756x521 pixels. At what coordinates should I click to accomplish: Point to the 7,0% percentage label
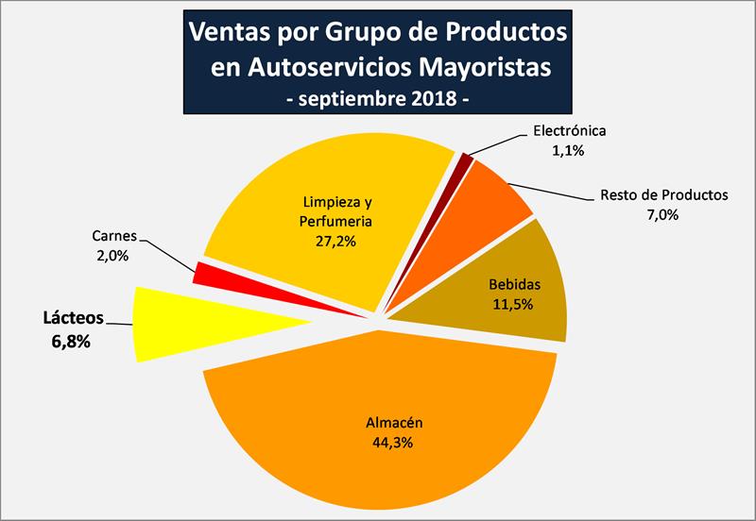[x=664, y=214]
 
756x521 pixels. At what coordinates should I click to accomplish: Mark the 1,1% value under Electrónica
[x=568, y=148]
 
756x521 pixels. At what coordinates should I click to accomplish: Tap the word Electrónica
[x=569, y=130]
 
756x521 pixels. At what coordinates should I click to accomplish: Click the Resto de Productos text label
[x=664, y=196]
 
